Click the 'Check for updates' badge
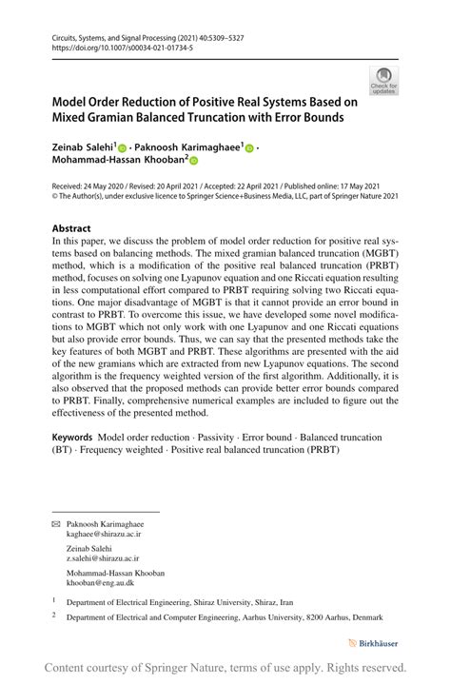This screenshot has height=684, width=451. (384, 81)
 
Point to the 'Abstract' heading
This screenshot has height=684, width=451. (71, 229)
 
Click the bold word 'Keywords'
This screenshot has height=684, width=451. (72, 438)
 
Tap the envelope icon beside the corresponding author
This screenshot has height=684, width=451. (55, 524)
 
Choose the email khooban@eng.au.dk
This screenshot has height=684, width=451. (99, 584)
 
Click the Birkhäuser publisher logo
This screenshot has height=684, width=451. (373, 643)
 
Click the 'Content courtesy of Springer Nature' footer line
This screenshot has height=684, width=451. (225, 668)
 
